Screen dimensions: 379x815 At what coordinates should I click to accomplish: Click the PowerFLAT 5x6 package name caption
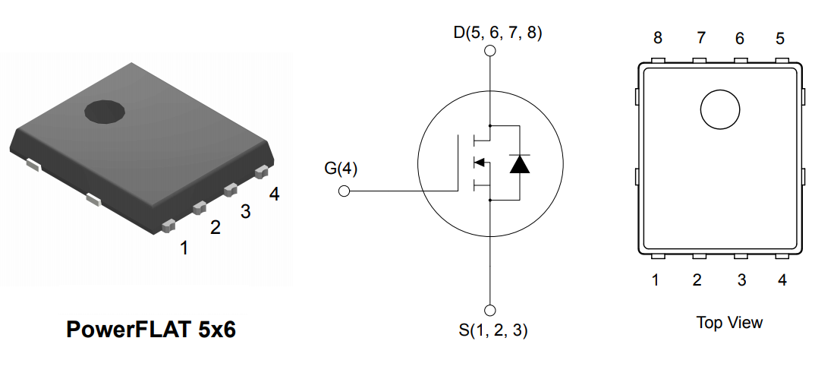coord(151,329)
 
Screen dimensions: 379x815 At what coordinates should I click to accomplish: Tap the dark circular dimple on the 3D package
coord(104,112)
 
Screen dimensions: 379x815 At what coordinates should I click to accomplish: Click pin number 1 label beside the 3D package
coord(184,248)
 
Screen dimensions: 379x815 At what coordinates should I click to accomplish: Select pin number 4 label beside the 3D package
coord(274,194)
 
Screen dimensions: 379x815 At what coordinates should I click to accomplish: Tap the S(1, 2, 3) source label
coord(492,330)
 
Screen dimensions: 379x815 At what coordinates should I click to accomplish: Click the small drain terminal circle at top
coord(490,52)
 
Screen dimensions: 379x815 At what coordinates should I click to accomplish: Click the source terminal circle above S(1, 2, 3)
coord(490,310)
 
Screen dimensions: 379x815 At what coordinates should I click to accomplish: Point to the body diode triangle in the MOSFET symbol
coord(519,164)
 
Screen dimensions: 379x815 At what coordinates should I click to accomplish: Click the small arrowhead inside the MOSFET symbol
coord(479,162)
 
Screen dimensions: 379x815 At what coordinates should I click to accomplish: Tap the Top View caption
coord(728,323)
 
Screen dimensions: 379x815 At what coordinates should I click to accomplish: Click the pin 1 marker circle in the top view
coord(719,110)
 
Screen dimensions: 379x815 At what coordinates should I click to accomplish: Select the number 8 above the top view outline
coord(657,38)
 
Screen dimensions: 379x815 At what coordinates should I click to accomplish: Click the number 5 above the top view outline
coord(780,38)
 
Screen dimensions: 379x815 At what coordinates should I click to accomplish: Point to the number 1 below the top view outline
coord(655,280)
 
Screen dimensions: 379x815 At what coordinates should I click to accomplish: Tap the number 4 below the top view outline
coord(782,280)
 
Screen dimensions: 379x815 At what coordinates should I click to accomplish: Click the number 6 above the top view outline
coord(740,38)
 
